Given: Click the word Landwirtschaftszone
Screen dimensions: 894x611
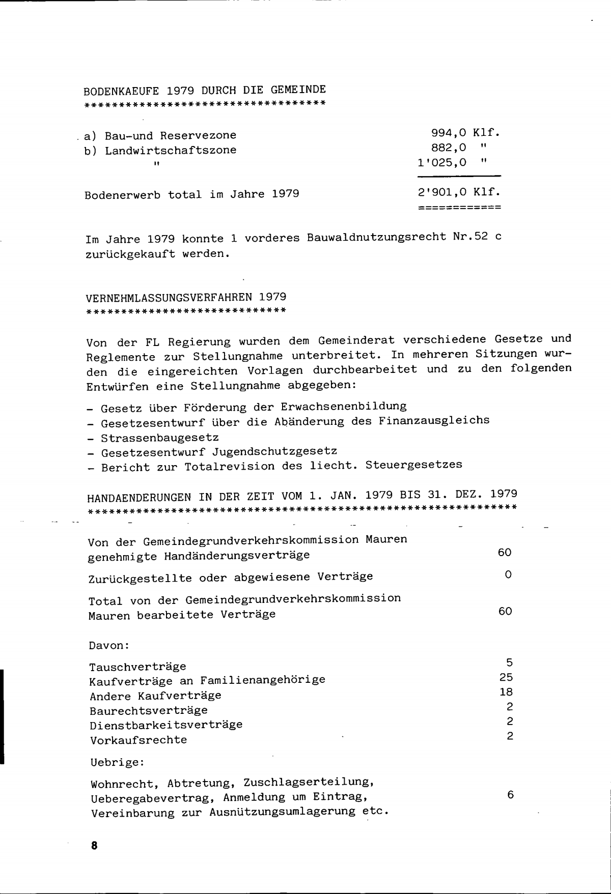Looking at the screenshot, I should point(171,150).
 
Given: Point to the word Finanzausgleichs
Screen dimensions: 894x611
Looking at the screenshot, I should point(434,421).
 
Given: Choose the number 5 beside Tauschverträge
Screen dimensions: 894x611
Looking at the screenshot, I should point(509,662).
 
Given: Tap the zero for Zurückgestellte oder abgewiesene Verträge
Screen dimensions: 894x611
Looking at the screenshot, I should point(508,574).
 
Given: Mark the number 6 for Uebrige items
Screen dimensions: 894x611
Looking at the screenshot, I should point(510,795).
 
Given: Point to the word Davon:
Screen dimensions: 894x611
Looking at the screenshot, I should point(109,645).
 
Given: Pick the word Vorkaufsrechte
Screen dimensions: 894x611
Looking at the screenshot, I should point(138,740).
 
